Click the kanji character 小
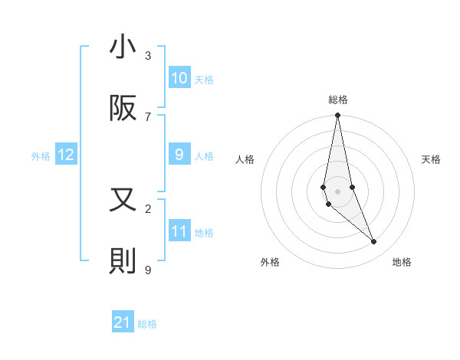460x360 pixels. (x=123, y=48)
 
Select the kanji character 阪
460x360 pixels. (x=123, y=109)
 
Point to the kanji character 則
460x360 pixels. (x=123, y=261)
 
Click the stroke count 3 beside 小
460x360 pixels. (x=148, y=55)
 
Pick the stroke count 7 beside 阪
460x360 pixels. (x=148, y=116)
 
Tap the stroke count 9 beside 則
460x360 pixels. (x=148, y=269)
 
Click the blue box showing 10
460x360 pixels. (x=179, y=77)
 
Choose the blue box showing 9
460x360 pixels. (x=179, y=155)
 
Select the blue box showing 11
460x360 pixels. (x=179, y=231)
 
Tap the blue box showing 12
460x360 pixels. (x=66, y=155)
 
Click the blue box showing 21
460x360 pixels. (x=123, y=322)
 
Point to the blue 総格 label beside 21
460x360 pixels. (x=147, y=324)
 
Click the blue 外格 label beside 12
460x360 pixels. (x=41, y=156)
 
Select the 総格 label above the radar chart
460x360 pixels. (x=337, y=100)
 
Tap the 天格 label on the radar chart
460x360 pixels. (x=431, y=159)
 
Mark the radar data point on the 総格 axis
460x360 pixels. (x=337, y=116)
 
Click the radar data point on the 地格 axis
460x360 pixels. (x=374, y=242)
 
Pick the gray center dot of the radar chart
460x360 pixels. (x=337, y=191)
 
